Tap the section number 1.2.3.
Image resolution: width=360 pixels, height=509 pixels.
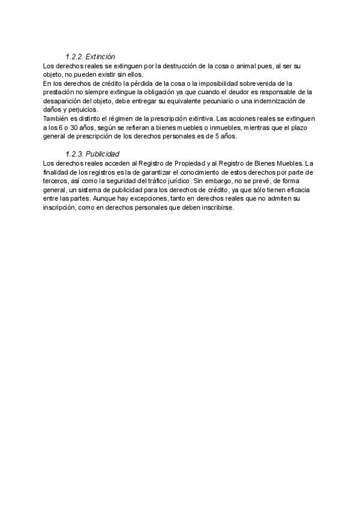pos(75,154)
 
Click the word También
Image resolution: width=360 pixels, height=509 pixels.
pos(57,119)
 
